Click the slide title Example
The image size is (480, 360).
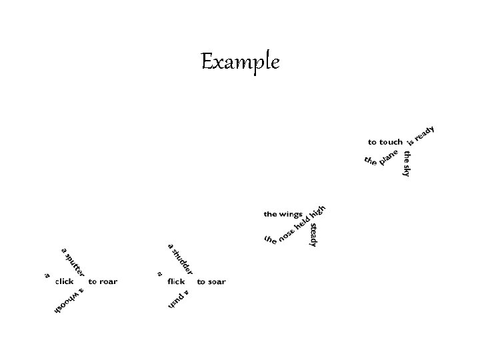(240, 63)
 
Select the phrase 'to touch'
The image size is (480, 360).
(385, 142)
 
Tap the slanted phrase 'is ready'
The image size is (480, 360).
(421, 135)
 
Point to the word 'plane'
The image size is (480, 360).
(389, 157)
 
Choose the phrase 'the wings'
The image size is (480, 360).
(283, 214)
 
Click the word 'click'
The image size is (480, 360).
(65, 281)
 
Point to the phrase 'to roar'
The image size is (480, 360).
(103, 281)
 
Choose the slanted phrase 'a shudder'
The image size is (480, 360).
(180, 259)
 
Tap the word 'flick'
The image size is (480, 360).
(176, 281)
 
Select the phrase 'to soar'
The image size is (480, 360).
(211, 281)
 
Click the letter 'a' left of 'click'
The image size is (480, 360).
(47, 274)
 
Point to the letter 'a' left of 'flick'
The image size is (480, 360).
(159, 273)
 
